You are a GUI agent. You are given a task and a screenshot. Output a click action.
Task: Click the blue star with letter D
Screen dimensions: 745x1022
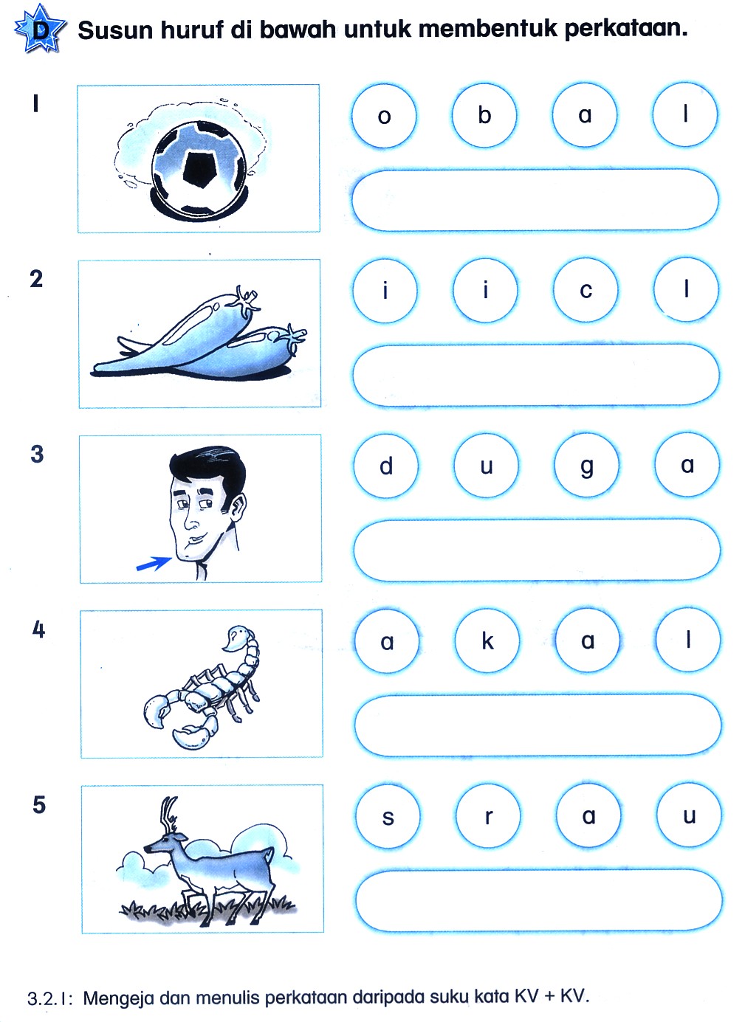40,28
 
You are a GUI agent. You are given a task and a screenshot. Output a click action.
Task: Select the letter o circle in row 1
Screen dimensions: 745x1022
384,115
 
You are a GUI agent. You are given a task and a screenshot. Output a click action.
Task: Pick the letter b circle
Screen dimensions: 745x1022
484,114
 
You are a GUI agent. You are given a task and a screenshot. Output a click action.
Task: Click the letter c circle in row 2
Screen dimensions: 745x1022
586,290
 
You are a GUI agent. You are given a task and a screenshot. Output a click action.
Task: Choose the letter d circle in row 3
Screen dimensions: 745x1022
386,466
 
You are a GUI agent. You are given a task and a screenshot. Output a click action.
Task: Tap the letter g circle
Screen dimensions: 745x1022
586,466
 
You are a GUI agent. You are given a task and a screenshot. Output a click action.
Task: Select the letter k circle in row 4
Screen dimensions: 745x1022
487,641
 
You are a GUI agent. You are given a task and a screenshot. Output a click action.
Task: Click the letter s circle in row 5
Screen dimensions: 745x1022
388,816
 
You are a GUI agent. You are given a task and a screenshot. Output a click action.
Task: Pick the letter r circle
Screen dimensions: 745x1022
489,816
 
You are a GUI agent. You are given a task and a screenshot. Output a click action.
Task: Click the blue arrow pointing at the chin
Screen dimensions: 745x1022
154,564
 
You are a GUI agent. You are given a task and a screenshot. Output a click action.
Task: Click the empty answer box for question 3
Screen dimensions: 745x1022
537,550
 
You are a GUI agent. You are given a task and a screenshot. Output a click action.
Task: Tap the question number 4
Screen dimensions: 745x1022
39,629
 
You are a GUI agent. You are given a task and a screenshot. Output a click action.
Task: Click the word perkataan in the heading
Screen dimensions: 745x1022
625,30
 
